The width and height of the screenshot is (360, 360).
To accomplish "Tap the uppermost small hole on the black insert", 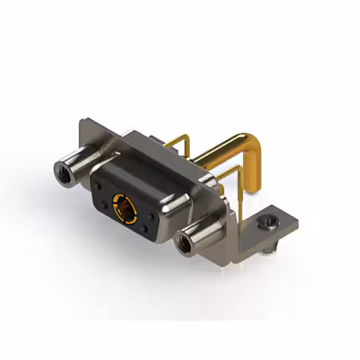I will tap(108, 186).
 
